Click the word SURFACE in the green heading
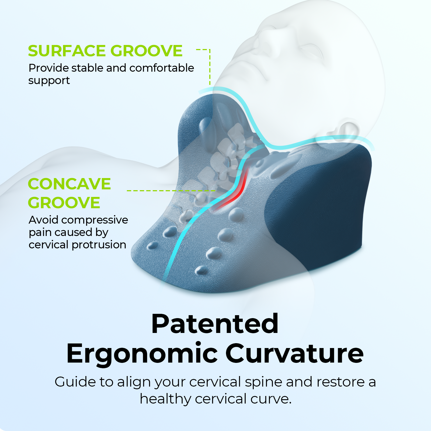click(x=68, y=51)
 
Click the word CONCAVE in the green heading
click(x=69, y=184)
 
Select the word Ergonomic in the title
click(x=142, y=353)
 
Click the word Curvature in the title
click(x=294, y=353)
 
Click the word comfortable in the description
click(x=162, y=68)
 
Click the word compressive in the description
click(x=95, y=220)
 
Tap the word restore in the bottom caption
click(x=340, y=382)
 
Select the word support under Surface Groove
click(x=49, y=81)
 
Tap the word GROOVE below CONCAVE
click(x=64, y=203)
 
